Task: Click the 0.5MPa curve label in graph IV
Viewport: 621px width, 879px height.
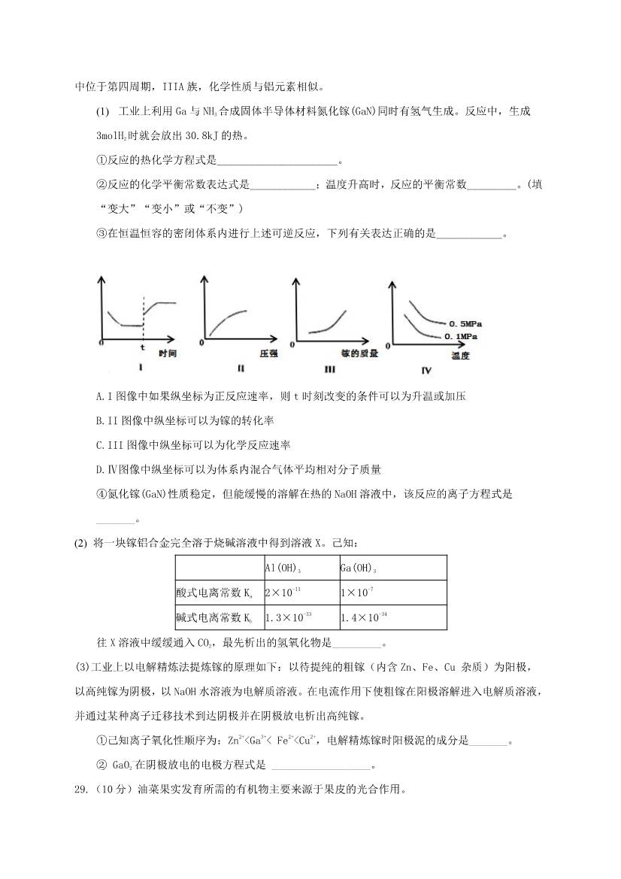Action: (464, 322)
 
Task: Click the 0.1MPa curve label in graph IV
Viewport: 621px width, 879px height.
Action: (461, 336)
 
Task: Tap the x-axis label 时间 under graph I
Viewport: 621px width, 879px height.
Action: (167, 353)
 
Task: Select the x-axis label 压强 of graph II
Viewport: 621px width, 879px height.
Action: (269, 353)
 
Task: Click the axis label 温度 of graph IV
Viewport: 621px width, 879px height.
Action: (460, 356)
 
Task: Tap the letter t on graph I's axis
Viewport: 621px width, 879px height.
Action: (143, 348)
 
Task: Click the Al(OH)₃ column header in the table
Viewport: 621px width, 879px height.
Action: (283, 568)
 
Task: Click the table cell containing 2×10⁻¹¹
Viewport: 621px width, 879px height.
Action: (283, 593)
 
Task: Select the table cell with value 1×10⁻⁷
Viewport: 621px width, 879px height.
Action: (356, 593)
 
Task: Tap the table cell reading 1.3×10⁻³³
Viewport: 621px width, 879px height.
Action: (289, 618)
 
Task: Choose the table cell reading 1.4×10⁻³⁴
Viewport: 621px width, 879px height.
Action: (365, 618)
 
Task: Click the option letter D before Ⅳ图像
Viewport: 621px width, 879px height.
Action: (100, 470)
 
